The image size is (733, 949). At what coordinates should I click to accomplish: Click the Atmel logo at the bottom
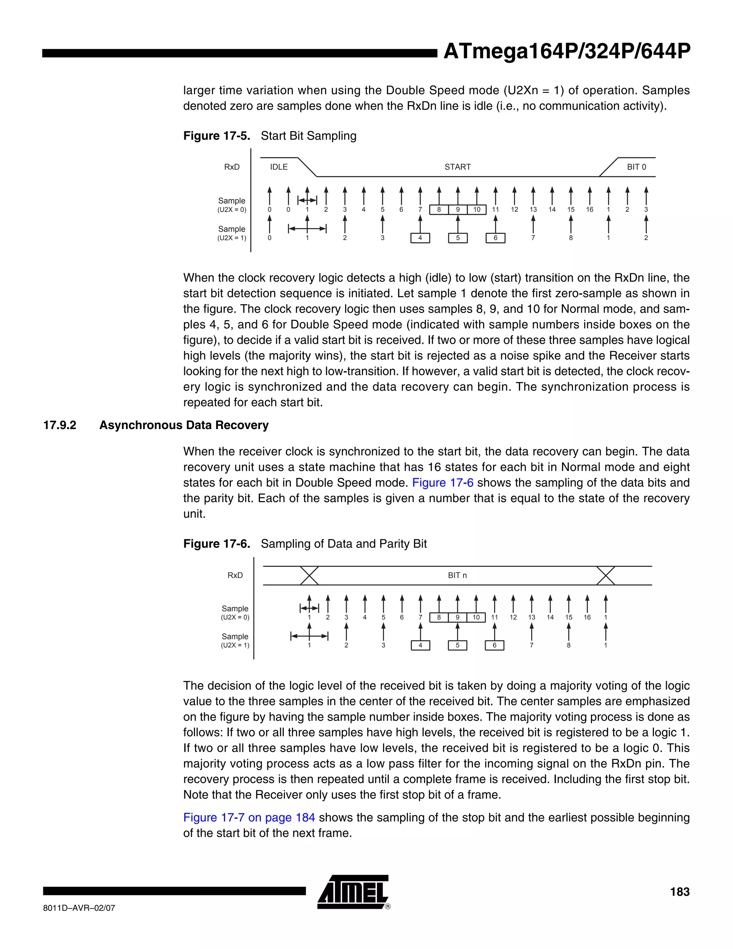pyautogui.click(x=353, y=892)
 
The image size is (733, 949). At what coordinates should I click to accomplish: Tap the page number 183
pyautogui.click(x=679, y=892)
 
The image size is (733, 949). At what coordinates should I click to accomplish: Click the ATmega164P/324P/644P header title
pyautogui.click(x=566, y=52)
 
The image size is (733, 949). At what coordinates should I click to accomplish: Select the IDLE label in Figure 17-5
pyautogui.click(x=279, y=167)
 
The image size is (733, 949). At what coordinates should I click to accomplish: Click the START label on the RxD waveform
pyautogui.click(x=457, y=167)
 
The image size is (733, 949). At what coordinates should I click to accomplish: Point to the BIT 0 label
pyautogui.click(x=636, y=167)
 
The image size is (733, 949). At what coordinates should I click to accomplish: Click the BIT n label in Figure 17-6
pyautogui.click(x=457, y=575)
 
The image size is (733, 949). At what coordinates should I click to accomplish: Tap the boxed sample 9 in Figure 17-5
pyautogui.click(x=458, y=210)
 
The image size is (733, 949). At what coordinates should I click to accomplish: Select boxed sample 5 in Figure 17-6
pyautogui.click(x=457, y=645)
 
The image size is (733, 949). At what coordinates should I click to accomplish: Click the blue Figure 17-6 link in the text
pyautogui.click(x=442, y=483)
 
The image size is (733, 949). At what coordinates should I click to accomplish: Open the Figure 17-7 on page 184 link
pyautogui.click(x=249, y=817)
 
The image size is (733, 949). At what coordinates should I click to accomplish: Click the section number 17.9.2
pyautogui.click(x=59, y=425)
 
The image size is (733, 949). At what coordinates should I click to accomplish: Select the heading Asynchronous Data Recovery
pyautogui.click(x=184, y=425)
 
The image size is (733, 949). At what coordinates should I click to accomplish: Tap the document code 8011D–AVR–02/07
pyautogui.click(x=79, y=908)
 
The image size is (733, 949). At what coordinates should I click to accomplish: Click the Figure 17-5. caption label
pyautogui.click(x=216, y=136)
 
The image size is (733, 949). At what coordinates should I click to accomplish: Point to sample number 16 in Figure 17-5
pyautogui.click(x=589, y=209)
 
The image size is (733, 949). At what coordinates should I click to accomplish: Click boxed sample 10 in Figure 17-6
pyautogui.click(x=476, y=617)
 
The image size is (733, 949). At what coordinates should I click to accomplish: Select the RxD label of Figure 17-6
pyautogui.click(x=235, y=575)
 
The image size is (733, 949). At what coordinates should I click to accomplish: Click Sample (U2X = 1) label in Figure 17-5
pyautogui.click(x=232, y=233)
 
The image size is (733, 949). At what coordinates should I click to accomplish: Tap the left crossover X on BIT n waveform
pyautogui.click(x=309, y=576)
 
